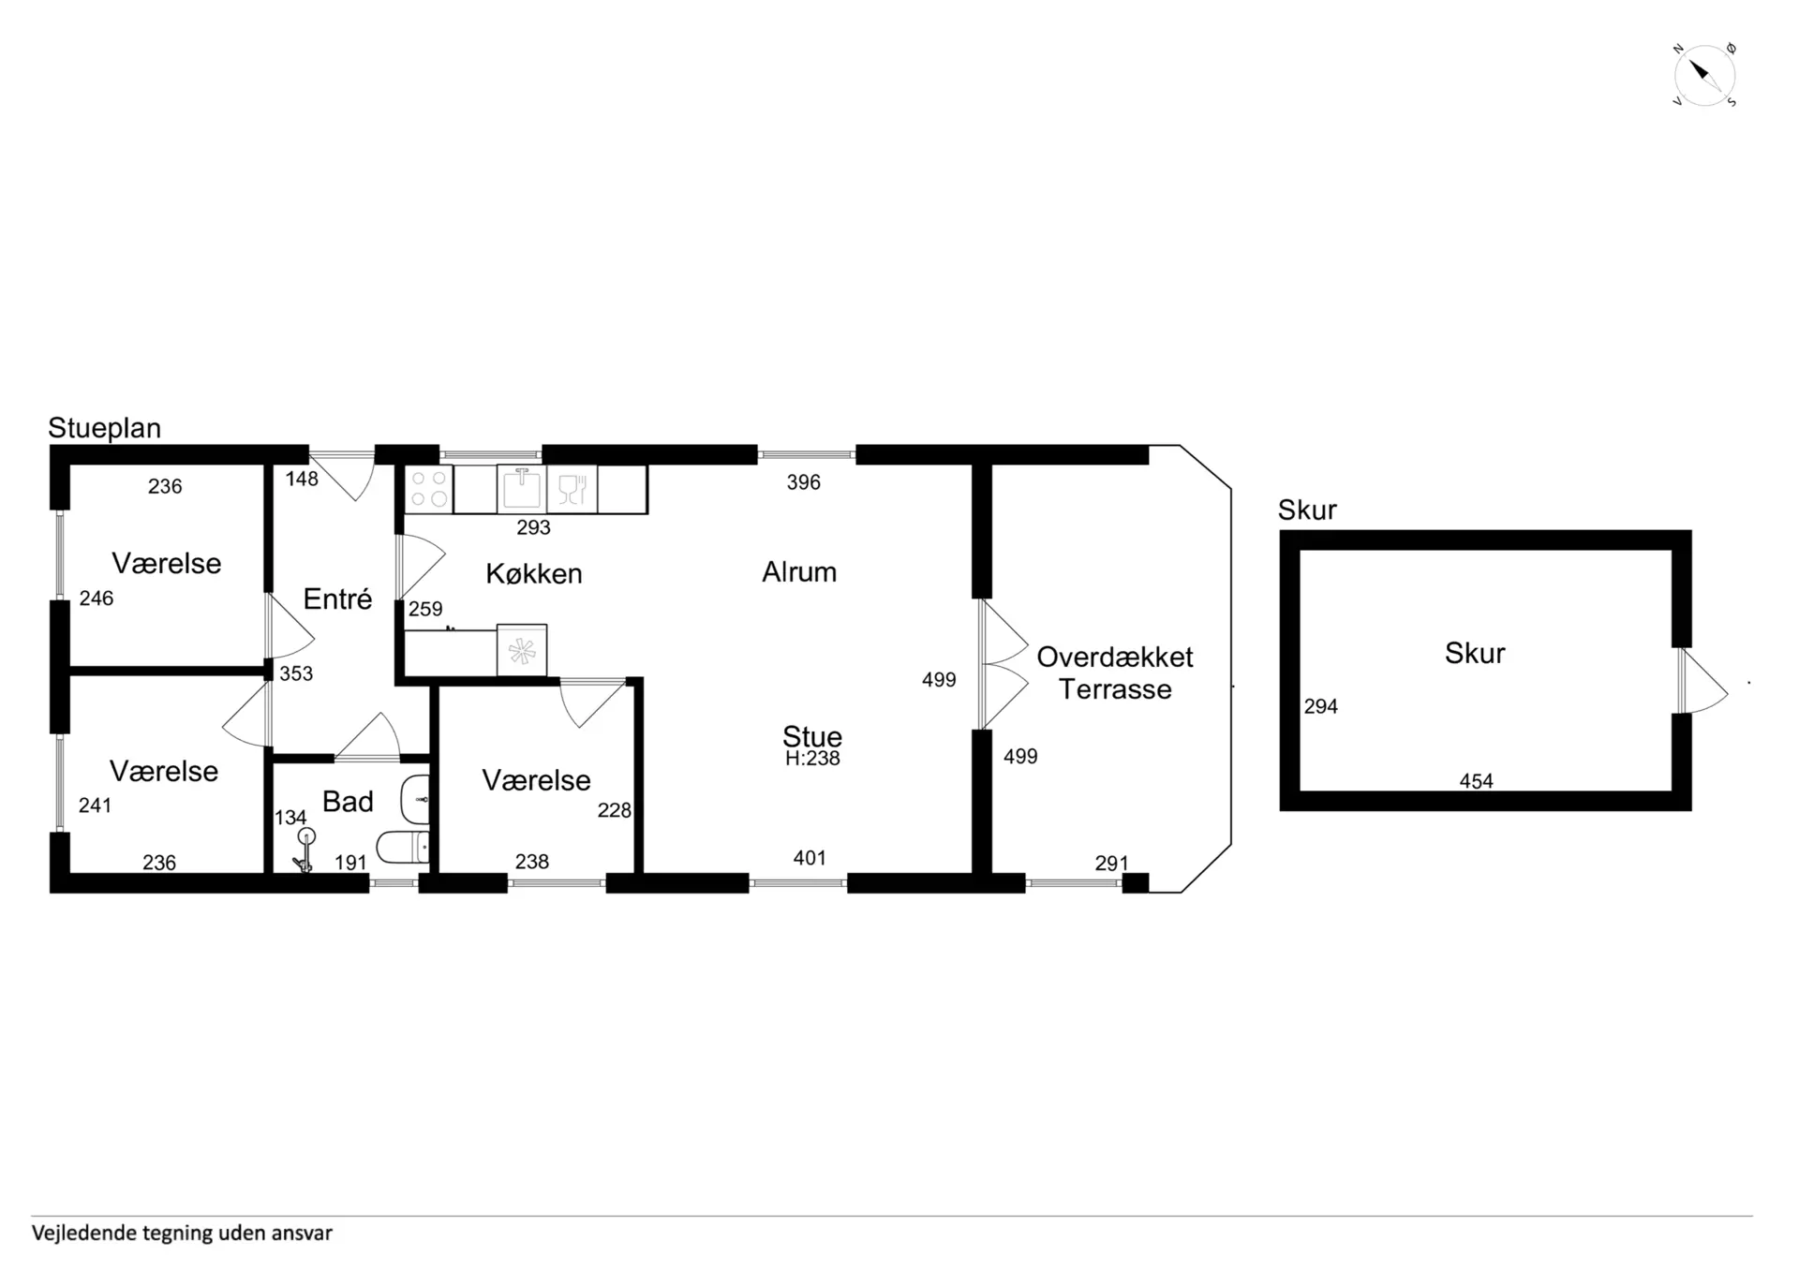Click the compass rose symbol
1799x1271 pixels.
(x=1704, y=75)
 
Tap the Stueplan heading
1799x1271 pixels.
(x=104, y=428)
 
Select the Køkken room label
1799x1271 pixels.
(x=534, y=573)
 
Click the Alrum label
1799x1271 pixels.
(x=799, y=571)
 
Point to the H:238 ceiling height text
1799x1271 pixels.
(x=812, y=759)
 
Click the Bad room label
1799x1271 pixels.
(x=348, y=802)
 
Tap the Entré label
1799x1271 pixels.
(x=337, y=599)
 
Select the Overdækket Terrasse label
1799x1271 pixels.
(x=1115, y=673)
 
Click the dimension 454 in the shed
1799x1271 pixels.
(x=1476, y=781)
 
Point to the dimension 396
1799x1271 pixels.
(x=803, y=482)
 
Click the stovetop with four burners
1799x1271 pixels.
(x=429, y=489)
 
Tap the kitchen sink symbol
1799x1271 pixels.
(x=522, y=489)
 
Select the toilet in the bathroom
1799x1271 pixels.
(x=403, y=848)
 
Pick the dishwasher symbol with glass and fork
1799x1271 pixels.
(x=572, y=489)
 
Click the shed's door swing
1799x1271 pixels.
(x=1704, y=681)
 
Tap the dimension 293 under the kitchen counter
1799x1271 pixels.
(x=533, y=528)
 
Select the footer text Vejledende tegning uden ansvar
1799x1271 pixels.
(x=182, y=1234)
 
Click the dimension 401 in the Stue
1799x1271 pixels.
(x=810, y=858)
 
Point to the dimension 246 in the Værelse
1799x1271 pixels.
(x=97, y=599)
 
